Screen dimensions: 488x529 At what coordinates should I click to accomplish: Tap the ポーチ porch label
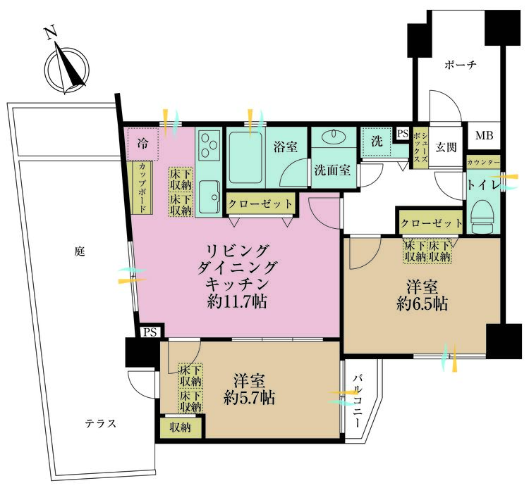461,65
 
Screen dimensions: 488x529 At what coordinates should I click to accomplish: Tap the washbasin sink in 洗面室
334,137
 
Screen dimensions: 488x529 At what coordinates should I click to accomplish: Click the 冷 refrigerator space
143,144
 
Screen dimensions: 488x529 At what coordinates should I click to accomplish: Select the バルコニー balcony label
358,401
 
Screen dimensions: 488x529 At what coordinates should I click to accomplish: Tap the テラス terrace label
100,424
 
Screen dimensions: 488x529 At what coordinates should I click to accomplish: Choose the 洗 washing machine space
377,141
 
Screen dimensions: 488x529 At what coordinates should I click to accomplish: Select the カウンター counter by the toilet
483,163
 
